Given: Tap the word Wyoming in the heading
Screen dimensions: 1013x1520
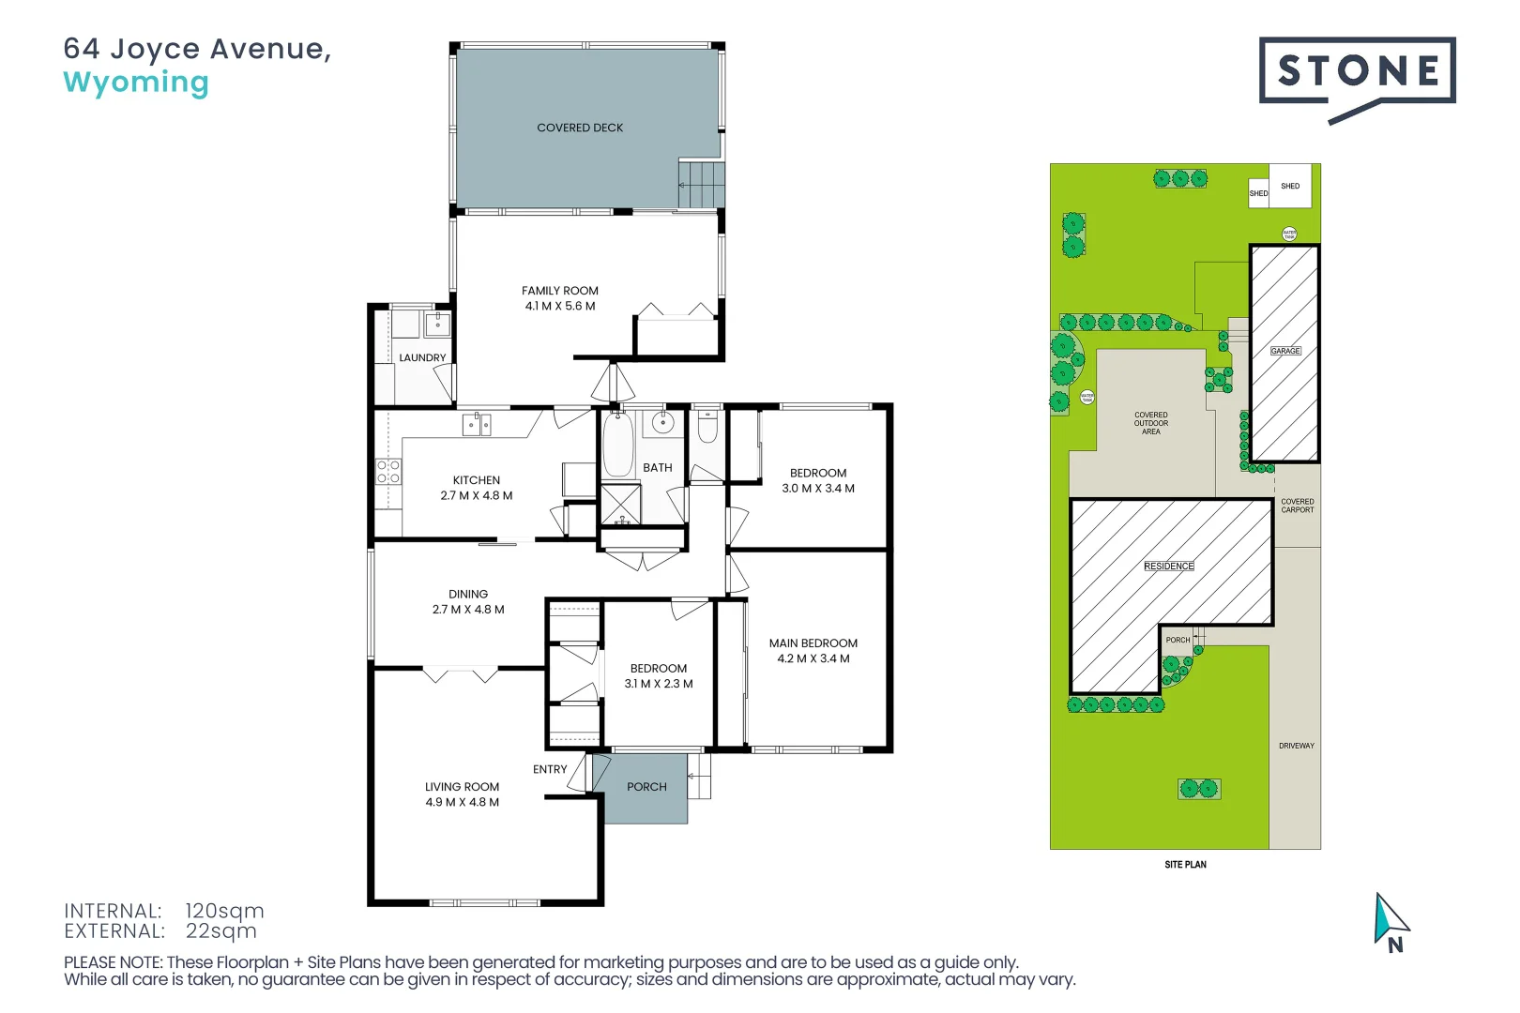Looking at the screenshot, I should click(136, 83).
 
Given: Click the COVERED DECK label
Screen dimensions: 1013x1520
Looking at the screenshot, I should click(580, 128).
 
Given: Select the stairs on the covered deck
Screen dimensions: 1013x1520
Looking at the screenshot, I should click(702, 184).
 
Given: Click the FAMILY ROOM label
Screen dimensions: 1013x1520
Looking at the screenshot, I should click(560, 291).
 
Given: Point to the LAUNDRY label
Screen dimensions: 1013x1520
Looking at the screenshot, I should click(422, 357).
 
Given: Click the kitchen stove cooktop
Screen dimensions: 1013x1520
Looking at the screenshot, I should click(388, 472).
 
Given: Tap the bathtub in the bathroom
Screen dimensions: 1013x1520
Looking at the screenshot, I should click(617, 445).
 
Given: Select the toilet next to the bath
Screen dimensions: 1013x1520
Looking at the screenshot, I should click(707, 428).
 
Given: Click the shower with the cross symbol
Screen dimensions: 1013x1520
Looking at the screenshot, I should click(620, 505).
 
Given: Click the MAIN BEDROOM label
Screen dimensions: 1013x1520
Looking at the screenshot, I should click(813, 643).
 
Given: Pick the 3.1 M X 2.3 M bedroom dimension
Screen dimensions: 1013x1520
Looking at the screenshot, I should click(659, 684).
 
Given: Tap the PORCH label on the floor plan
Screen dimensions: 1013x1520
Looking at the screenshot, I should click(646, 787).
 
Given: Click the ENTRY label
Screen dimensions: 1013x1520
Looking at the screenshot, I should click(550, 769).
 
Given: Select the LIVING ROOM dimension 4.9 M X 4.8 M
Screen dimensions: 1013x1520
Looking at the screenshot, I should click(462, 802).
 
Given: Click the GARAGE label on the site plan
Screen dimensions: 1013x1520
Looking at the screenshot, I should click(1285, 351).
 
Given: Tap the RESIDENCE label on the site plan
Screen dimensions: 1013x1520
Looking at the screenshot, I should click(1169, 567).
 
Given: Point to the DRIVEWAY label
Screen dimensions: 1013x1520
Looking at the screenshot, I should click(1297, 746).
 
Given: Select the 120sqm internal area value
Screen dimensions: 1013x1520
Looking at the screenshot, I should click(224, 911).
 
